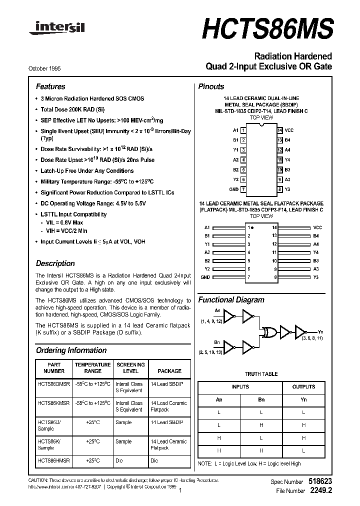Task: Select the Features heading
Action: coord(50,86)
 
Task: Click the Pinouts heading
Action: coord(211,86)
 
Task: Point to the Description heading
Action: coord(55,263)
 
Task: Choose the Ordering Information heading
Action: coord(71,350)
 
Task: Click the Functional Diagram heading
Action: coord(231,300)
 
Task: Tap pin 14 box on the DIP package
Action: coord(280,130)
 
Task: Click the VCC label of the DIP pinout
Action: coord(289,130)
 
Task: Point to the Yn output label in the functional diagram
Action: coord(320,331)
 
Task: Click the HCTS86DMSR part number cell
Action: coord(54,384)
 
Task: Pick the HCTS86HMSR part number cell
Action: coord(54,460)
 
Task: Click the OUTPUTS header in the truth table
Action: coord(303,386)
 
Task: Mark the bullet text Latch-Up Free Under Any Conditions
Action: coord(87,171)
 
